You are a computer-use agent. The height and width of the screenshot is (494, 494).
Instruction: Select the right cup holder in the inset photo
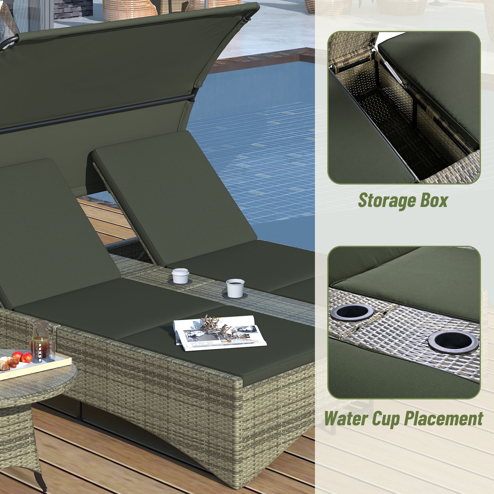point(453,341)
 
